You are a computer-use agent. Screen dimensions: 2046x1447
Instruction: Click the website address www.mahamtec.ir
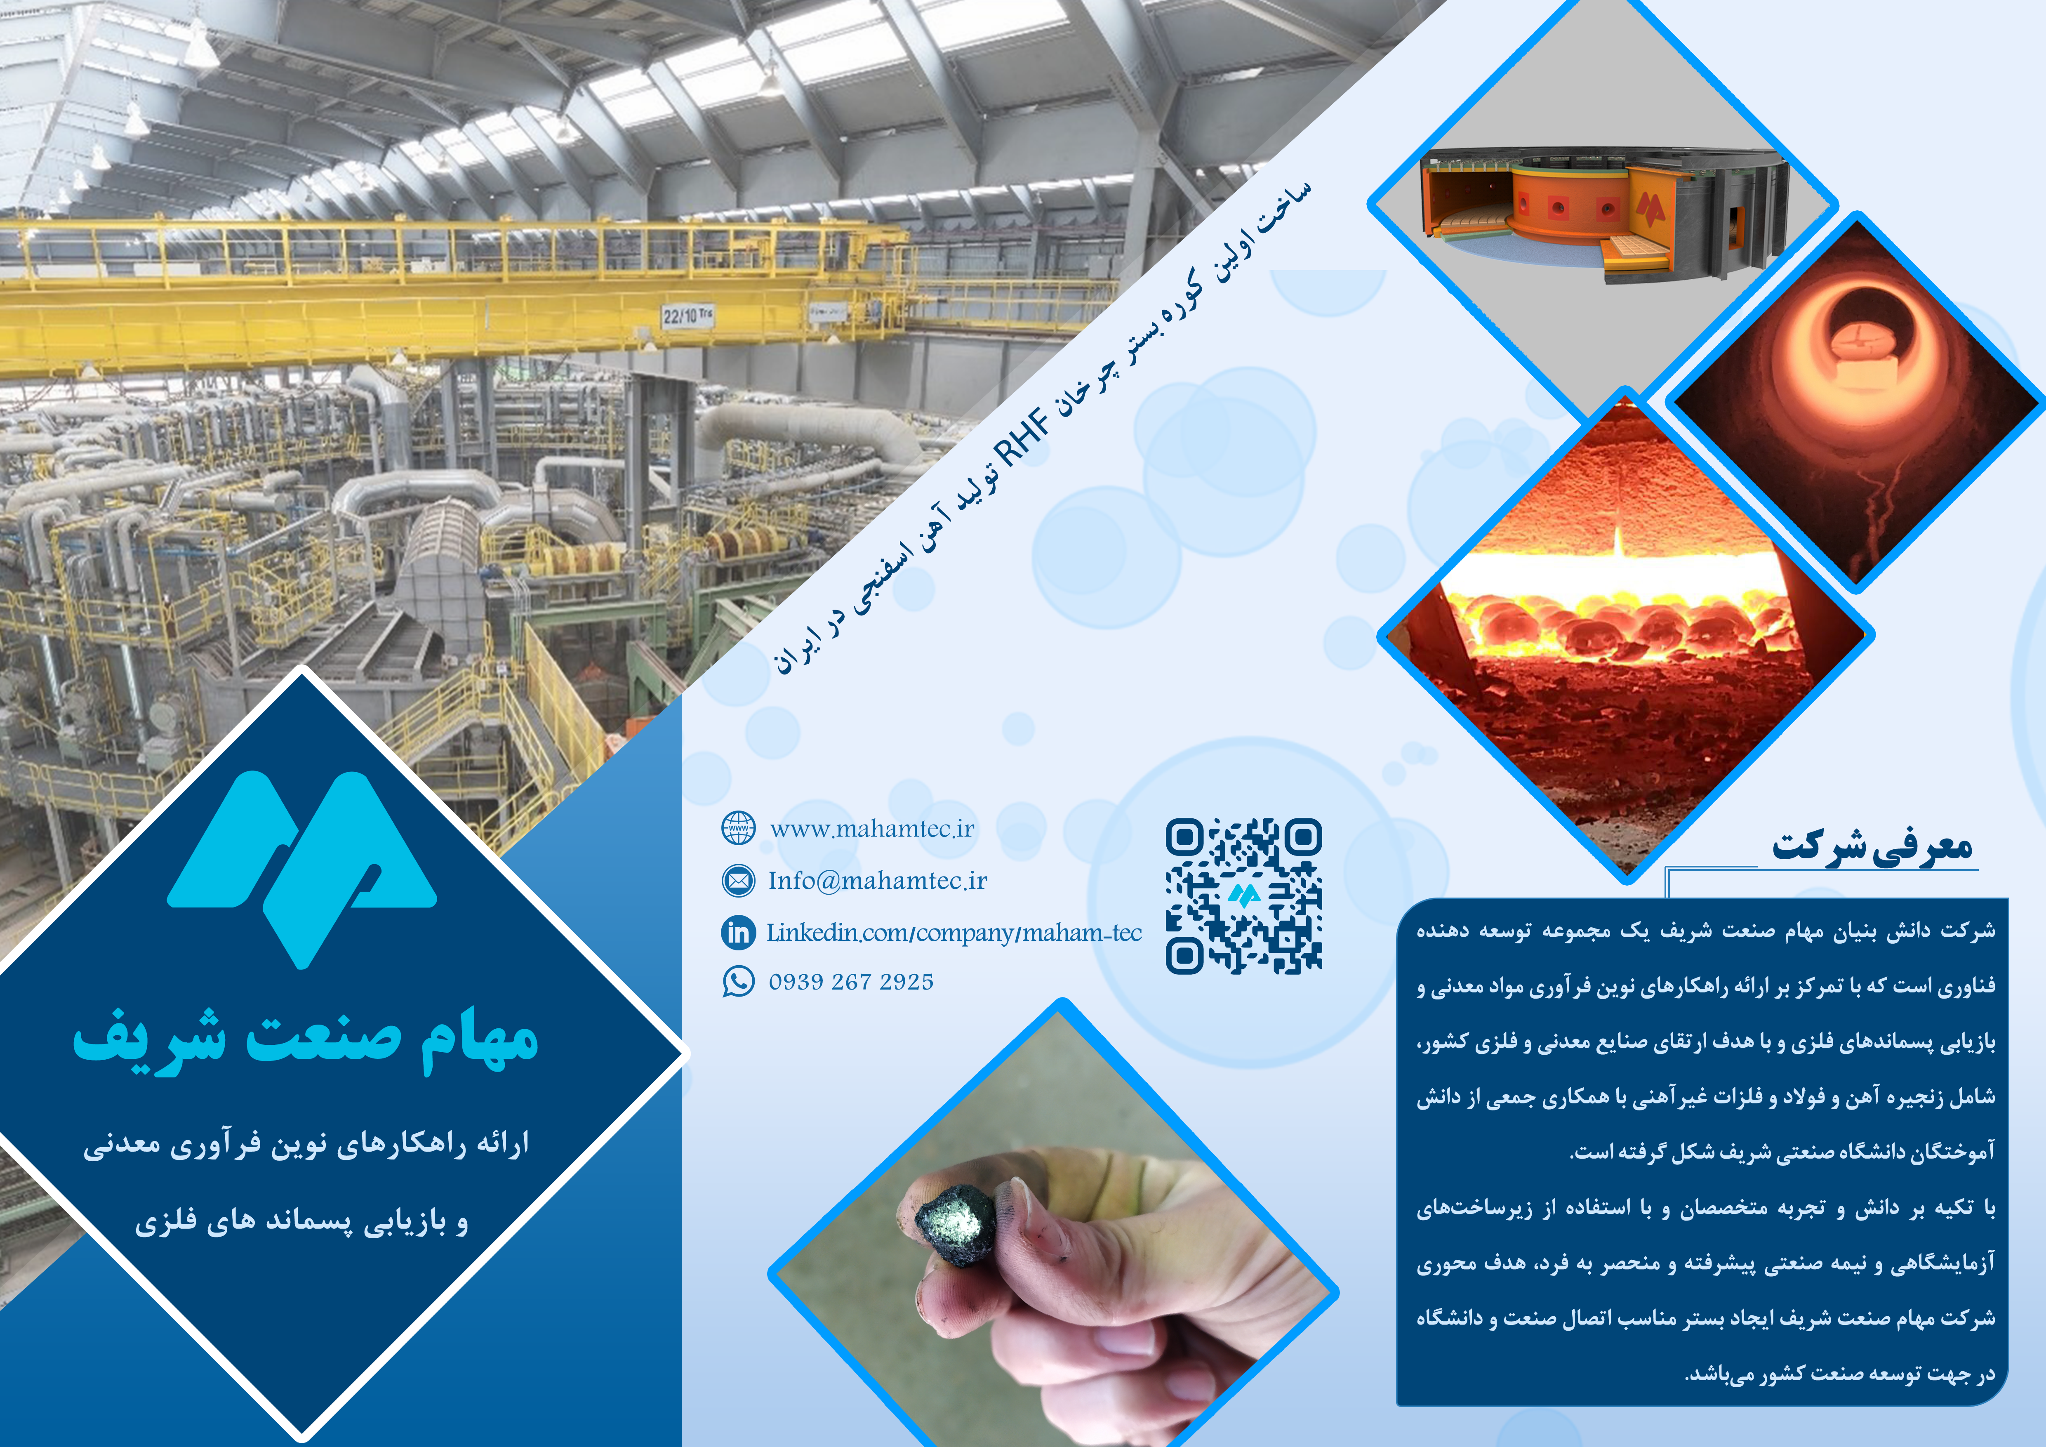click(x=871, y=830)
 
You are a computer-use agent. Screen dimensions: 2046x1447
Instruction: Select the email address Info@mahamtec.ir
click(x=878, y=881)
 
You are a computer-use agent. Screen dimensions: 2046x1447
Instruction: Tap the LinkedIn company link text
click(x=954, y=933)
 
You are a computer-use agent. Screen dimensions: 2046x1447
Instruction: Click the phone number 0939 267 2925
click(x=851, y=982)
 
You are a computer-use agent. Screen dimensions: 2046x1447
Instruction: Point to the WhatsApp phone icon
click(x=738, y=982)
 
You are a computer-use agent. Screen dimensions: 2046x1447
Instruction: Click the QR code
click(x=1244, y=896)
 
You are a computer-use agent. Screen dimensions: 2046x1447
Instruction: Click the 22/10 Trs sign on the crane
click(x=687, y=316)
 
